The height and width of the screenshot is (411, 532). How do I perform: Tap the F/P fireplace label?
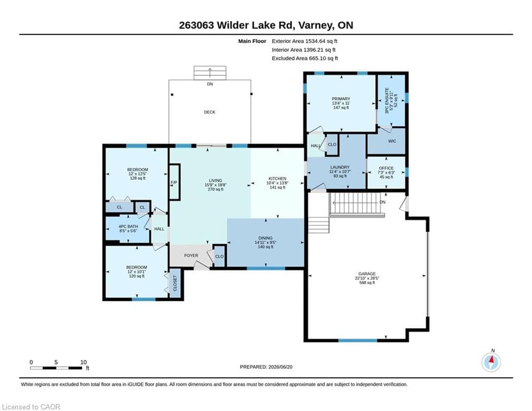pyautogui.click(x=174, y=182)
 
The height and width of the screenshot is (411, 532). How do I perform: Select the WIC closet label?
pyautogui.click(x=392, y=141)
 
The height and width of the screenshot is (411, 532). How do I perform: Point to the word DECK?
pyautogui.click(x=210, y=112)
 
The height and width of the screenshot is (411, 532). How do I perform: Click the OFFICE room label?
pyautogui.click(x=386, y=168)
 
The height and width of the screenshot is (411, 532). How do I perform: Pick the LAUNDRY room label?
pyautogui.click(x=340, y=167)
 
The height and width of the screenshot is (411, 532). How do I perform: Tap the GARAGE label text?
pyautogui.click(x=367, y=274)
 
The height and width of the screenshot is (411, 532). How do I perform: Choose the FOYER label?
pyautogui.click(x=191, y=255)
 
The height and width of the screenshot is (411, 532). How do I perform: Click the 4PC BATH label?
pyautogui.click(x=128, y=226)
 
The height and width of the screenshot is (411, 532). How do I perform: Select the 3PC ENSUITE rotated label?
pyautogui.click(x=387, y=101)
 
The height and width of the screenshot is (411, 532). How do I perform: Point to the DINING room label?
pyautogui.click(x=265, y=238)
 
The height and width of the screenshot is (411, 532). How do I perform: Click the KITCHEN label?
pyautogui.click(x=277, y=178)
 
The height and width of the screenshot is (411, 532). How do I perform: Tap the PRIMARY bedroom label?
pyautogui.click(x=341, y=99)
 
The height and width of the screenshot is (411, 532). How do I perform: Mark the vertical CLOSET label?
pyautogui.click(x=175, y=283)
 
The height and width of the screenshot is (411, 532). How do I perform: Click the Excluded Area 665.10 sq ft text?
pyautogui.click(x=305, y=58)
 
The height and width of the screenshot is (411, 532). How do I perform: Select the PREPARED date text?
pyautogui.click(x=266, y=367)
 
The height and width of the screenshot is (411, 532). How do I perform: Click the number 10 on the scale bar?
pyautogui.click(x=83, y=362)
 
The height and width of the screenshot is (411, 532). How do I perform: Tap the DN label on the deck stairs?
pyautogui.click(x=210, y=84)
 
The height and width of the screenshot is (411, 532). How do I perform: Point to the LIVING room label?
pyautogui.click(x=215, y=181)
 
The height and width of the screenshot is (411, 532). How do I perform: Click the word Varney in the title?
pyautogui.click(x=317, y=25)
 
